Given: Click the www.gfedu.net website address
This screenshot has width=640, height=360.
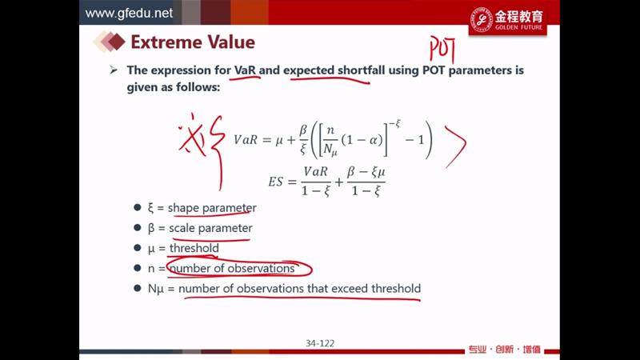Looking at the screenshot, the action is point(129,13).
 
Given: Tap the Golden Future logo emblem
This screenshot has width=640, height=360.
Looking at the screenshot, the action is point(482,18).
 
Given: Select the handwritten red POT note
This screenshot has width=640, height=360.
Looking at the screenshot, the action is point(442,50).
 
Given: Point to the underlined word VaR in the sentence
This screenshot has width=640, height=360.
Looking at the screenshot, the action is point(245,70).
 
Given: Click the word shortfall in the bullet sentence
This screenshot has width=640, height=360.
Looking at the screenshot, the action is point(362,70).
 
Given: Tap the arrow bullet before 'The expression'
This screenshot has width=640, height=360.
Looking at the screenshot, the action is point(114,70).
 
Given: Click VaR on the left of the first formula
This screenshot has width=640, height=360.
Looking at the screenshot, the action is point(246,140).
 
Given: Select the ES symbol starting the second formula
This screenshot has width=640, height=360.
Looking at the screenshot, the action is point(275,182).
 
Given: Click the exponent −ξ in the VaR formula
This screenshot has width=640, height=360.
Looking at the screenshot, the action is point(394,124).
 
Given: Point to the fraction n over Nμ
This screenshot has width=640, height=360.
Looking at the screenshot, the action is point(330,140).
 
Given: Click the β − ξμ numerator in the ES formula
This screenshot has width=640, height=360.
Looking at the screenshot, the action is point(366,172).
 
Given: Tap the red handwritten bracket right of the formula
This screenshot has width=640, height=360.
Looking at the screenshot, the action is point(456,146).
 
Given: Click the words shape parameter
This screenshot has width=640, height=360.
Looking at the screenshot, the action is point(212,208).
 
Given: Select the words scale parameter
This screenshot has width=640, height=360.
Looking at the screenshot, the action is point(210,228).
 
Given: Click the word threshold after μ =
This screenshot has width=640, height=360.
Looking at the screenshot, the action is point(194,248).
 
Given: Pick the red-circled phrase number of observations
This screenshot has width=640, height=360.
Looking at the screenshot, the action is point(232,268).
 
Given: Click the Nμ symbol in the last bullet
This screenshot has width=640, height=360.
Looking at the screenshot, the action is point(155,289).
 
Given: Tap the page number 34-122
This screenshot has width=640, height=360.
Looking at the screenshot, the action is point(320,343).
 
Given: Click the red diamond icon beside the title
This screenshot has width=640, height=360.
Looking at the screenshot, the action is point(116,42).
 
